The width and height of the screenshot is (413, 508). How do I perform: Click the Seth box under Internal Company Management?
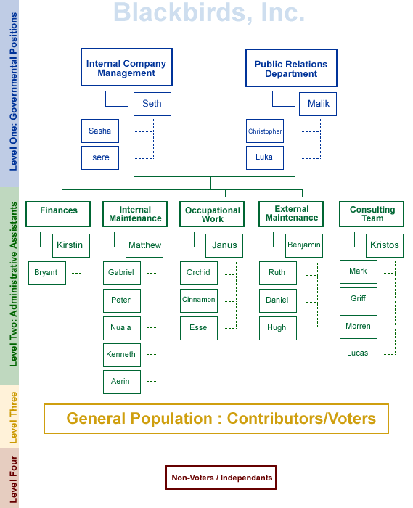tap(152, 104)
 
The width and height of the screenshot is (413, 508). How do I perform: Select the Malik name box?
tap(318, 104)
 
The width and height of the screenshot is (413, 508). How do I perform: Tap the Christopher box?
tap(265, 131)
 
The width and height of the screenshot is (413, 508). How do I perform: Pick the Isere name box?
tap(100, 157)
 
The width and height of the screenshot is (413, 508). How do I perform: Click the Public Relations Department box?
tap(291, 68)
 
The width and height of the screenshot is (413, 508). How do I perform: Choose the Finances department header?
tap(58, 214)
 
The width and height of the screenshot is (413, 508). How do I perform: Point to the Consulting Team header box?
tap(372, 214)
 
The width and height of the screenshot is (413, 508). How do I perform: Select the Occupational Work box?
tap(212, 214)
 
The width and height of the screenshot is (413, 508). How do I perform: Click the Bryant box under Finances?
tap(47, 273)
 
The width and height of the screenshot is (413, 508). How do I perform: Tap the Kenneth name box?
tap(122, 355)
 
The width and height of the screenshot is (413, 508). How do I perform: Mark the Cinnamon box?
tap(199, 300)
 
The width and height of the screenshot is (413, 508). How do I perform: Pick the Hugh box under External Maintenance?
tap(278, 328)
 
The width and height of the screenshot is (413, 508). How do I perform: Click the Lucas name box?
tap(359, 354)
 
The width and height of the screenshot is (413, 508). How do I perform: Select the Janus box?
tap(224, 245)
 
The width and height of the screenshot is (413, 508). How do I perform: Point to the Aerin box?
tap(122, 382)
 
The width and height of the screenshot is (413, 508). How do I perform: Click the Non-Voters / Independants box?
tap(221, 478)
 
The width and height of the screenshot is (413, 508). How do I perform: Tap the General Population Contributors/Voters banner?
tap(216, 419)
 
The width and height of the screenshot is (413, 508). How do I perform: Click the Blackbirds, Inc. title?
tap(209, 12)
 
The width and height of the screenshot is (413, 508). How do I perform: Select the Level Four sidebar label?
tap(13, 479)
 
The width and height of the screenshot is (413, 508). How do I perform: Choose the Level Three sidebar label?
tap(13, 417)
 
